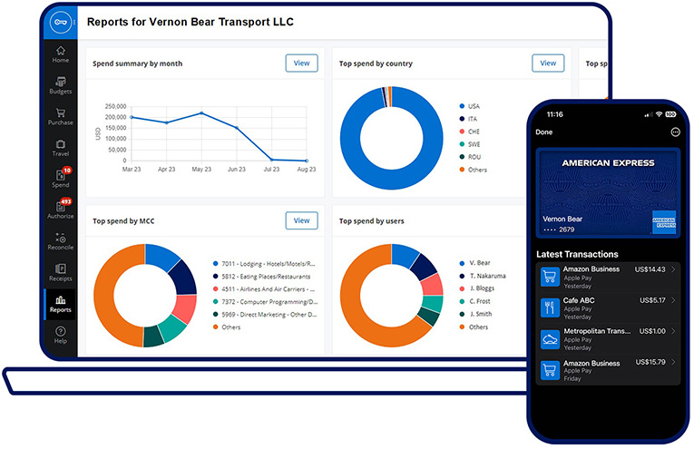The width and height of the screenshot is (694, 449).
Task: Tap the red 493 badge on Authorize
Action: (x=65, y=201)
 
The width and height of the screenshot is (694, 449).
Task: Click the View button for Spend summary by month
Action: (x=301, y=63)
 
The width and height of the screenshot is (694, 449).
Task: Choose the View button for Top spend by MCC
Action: (x=301, y=220)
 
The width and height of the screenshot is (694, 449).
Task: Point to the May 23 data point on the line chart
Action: (x=201, y=113)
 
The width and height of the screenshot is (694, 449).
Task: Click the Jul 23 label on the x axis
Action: (x=271, y=170)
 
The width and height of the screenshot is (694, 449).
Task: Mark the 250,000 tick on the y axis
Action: (x=115, y=105)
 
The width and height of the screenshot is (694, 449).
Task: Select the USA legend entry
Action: (x=474, y=105)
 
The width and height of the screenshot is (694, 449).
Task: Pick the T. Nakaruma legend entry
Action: (x=486, y=276)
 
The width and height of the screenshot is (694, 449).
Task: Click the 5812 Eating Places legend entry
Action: (x=266, y=277)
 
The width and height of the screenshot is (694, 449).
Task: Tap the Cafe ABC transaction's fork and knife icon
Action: (x=549, y=307)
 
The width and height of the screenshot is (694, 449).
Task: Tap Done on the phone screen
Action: (x=544, y=132)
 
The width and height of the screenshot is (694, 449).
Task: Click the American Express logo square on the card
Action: (x=663, y=221)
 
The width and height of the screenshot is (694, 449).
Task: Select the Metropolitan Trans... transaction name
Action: (x=594, y=332)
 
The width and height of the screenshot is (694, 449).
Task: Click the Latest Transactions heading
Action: (x=577, y=254)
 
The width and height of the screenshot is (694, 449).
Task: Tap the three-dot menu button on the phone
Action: (x=675, y=132)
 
